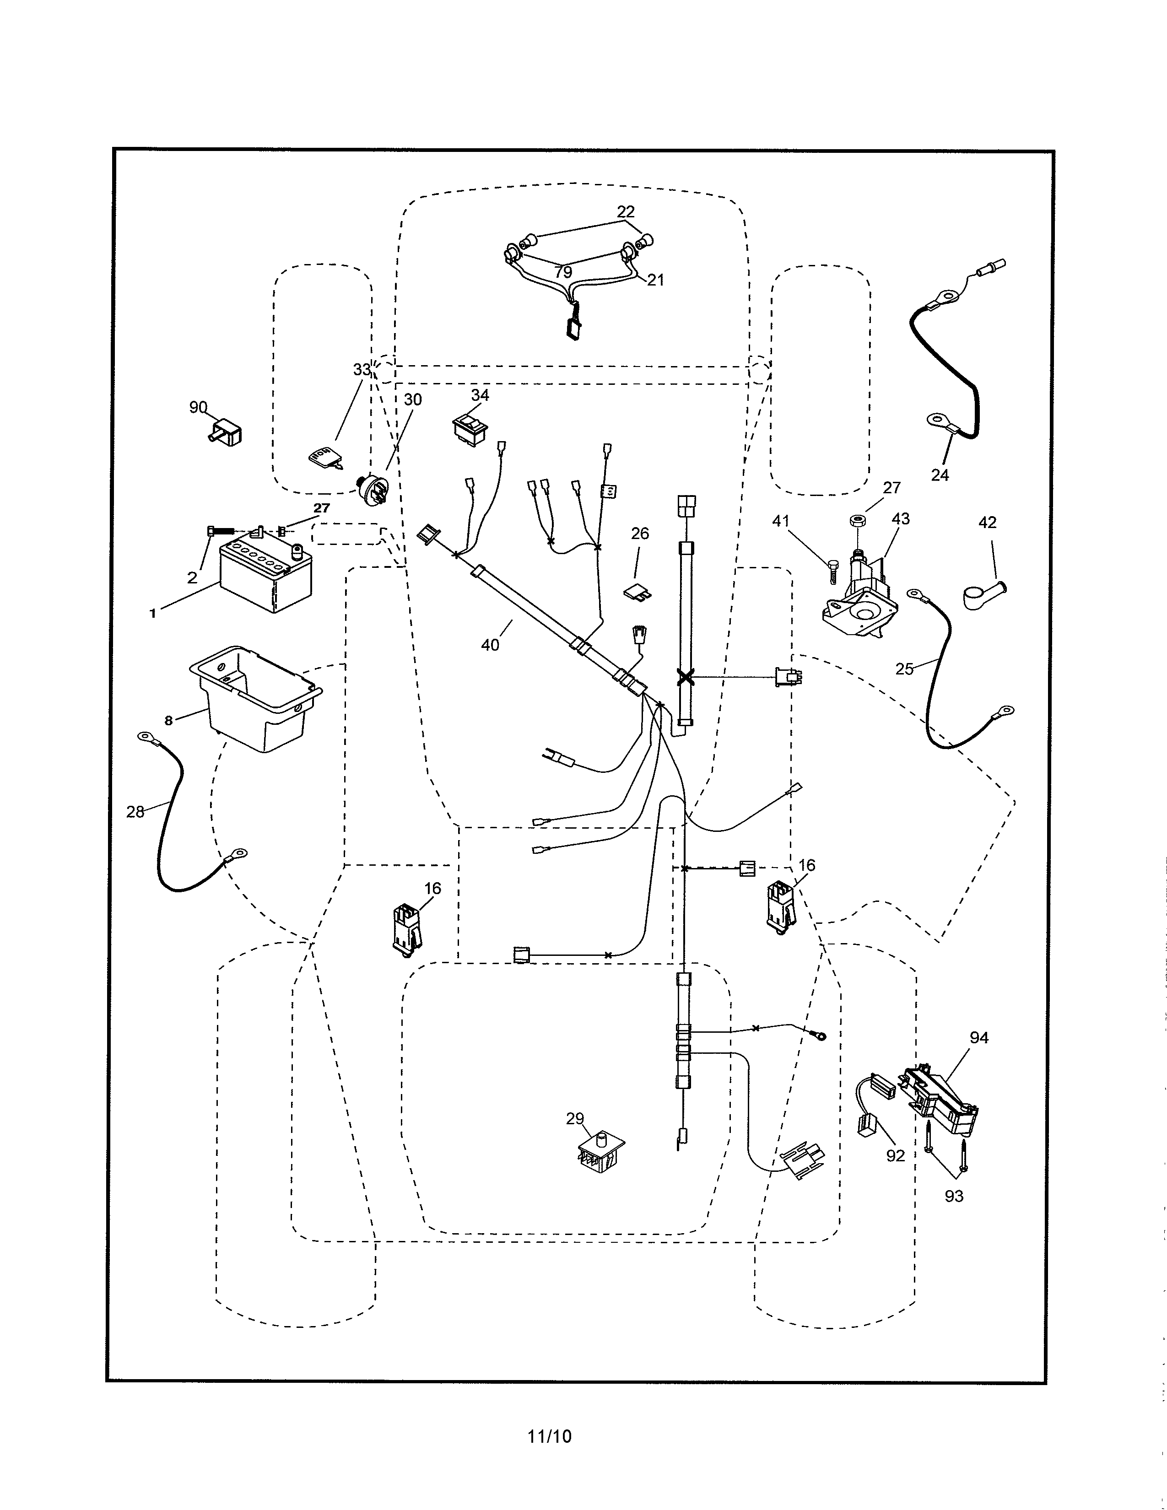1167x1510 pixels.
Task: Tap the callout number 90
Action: (x=199, y=407)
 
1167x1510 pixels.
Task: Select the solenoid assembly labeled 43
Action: (x=861, y=594)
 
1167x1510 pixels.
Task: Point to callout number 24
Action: (x=940, y=475)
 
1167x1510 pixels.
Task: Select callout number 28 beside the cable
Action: (x=135, y=812)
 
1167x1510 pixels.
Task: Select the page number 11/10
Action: (x=550, y=1437)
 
